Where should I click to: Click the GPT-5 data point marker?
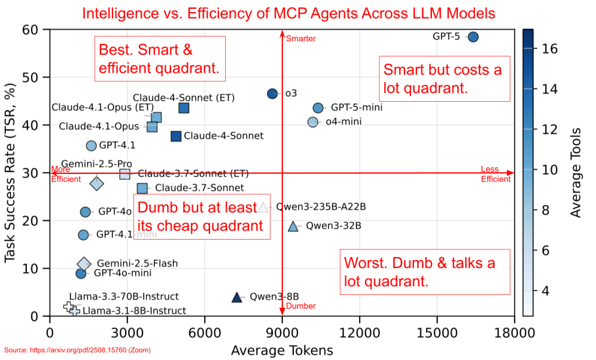pos(473,37)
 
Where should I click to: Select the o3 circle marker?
pos(272,94)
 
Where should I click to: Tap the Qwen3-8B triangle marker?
pos(236,297)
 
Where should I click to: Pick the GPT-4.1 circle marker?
pos(91,145)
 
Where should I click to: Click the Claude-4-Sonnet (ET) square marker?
pos(184,108)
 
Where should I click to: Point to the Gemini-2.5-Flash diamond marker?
pos(84,263)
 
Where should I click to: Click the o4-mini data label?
pos(343,122)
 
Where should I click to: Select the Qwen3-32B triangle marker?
pos(293,226)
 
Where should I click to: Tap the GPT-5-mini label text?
pos(357,108)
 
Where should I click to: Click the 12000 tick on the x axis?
pos(360,333)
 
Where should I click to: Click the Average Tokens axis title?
pos(282,350)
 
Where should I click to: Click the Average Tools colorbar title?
pos(576,172)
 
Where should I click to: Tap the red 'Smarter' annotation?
pos(300,39)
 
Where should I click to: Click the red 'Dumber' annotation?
pos(301,306)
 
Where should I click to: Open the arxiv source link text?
pos(78,350)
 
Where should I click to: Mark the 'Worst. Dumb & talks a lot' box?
pos(420,272)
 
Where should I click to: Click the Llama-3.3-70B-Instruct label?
pos(124,297)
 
